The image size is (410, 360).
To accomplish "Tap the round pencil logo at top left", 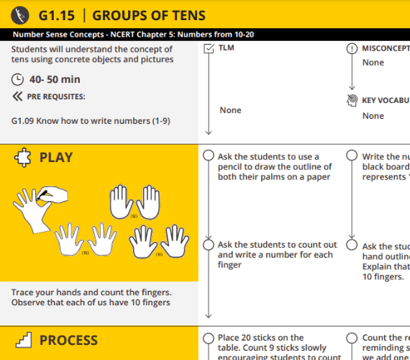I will (x=21, y=14).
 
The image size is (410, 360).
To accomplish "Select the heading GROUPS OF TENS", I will (x=149, y=15).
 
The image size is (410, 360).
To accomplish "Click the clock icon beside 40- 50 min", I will (x=18, y=79).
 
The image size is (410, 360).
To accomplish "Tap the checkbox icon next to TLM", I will (x=209, y=48).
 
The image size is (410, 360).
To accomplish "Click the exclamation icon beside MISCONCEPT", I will (x=351, y=48).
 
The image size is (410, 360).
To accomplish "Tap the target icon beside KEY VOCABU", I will (x=351, y=100).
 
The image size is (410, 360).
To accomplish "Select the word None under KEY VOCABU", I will (x=373, y=116).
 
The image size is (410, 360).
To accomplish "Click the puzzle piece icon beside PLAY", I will (x=23, y=158).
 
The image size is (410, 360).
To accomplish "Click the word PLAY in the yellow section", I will (x=56, y=158).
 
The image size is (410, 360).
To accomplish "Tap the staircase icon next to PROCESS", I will (x=23, y=340).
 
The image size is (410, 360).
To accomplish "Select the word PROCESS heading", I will (x=68, y=340).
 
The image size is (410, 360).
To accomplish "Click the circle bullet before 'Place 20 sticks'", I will (x=209, y=338).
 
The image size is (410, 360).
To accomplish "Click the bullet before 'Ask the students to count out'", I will (x=209, y=245).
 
